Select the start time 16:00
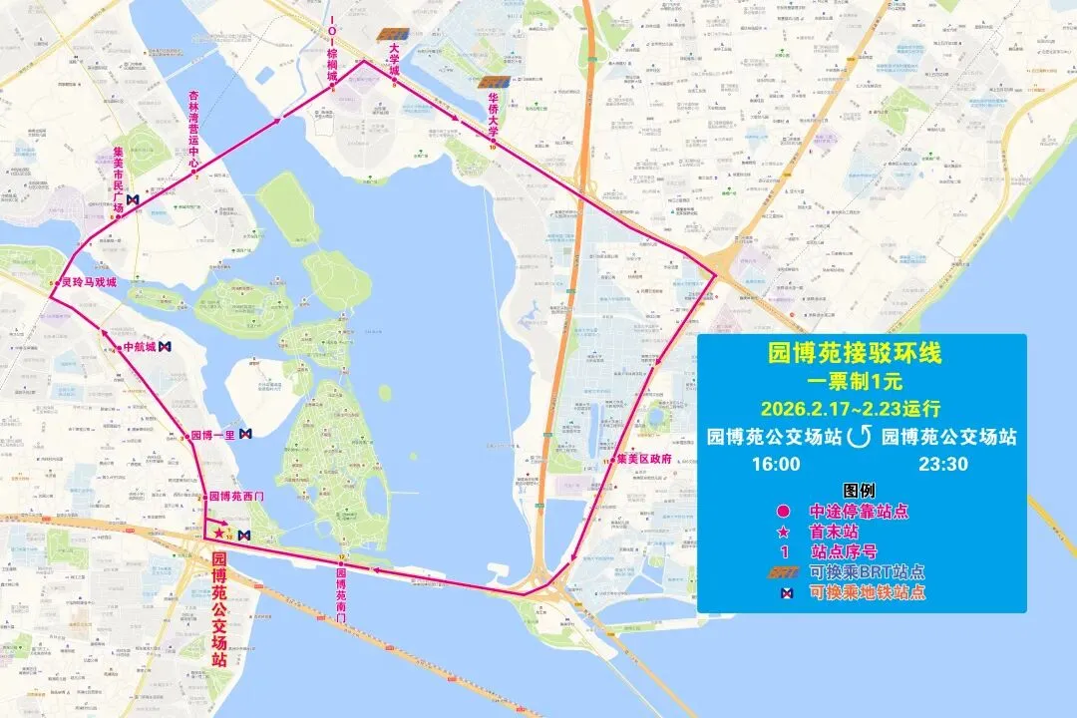(x=776, y=464)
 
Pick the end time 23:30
(x=942, y=464)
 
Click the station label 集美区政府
(x=644, y=460)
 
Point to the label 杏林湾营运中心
(x=194, y=128)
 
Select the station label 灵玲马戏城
(x=89, y=283)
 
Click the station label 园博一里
(x=211, y=435)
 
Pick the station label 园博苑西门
(x=235, y=497)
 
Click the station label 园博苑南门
(x=340, y=594)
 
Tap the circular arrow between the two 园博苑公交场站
(x=859, y=437)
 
